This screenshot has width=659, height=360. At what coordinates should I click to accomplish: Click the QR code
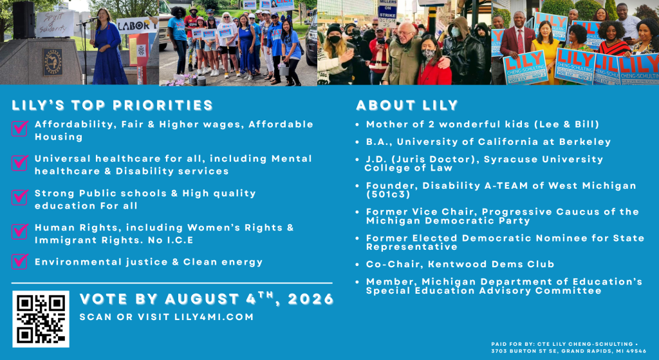(x=41, y=319)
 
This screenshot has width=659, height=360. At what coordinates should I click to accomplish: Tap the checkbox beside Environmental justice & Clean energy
(x=20, y=261)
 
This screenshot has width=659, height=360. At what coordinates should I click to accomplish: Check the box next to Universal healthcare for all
(x=20, y=162)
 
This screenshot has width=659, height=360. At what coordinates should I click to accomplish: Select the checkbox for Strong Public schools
(x=20, y=197)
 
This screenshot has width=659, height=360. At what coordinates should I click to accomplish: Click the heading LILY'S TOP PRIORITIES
(x=112, y=105)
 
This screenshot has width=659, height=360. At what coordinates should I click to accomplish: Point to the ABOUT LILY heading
(x=407, y=105)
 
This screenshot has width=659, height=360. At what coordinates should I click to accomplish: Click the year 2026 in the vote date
(x=311, y=299)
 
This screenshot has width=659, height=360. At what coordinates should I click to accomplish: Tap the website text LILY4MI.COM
(x=214, y=317)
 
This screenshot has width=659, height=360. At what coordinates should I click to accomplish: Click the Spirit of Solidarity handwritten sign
(x=55, y=24)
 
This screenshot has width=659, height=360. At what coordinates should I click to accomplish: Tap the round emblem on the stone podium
(x=53, y=62)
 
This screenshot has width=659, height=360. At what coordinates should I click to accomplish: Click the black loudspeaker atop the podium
(x=23, y=19)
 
